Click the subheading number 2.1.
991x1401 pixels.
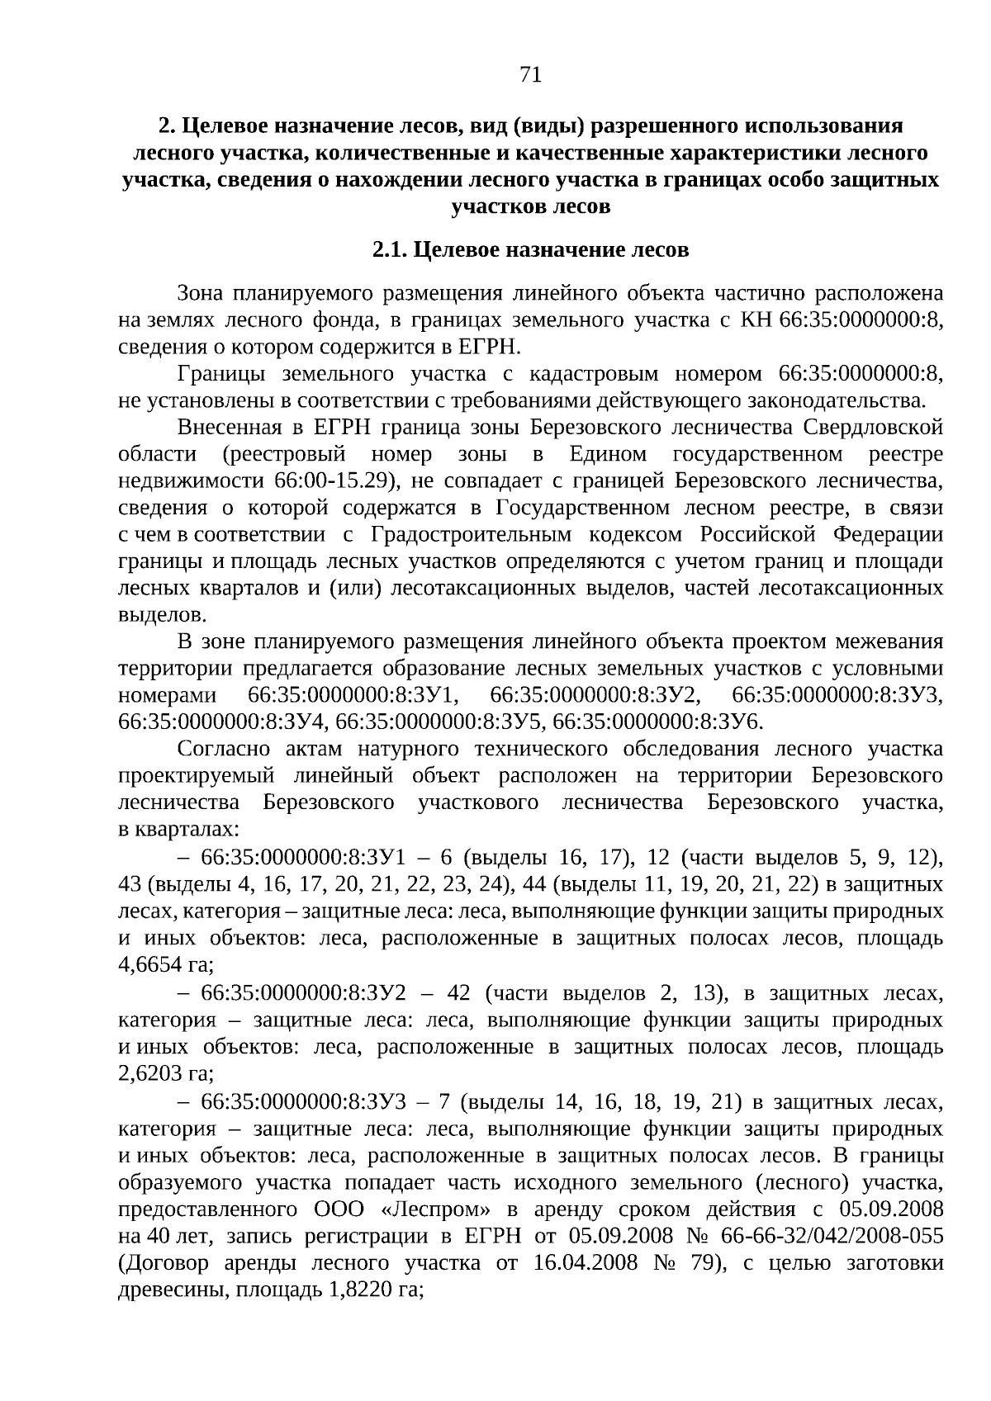(388, 249)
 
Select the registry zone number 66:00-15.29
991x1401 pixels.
(325, 480)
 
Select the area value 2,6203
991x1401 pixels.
(149, 1074)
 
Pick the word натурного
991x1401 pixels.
(409, 749)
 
